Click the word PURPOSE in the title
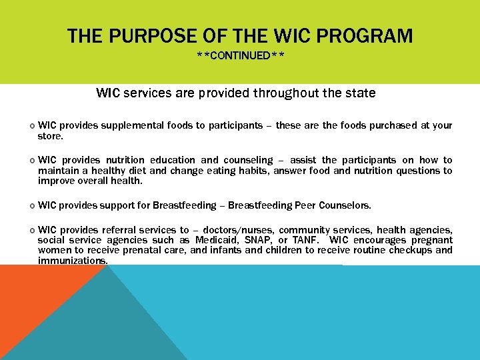[145, 35]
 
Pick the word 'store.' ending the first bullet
[51, 136]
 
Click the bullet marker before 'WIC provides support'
[33, 205]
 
